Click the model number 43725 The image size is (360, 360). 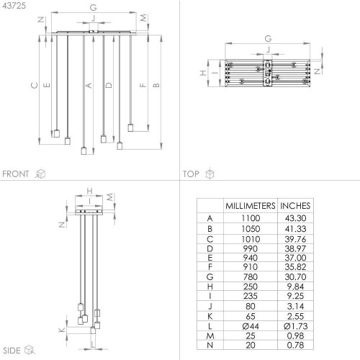[x=14, y=6]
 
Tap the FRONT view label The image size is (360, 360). [x=16, y=174]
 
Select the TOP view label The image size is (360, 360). [x=191, y=174]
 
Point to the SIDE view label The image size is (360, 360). [x=12, y=351]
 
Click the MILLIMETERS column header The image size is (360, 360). [x=251, y=206]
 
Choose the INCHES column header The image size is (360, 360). [x=295, y=206]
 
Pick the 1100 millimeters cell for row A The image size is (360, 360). [x=251, y=218]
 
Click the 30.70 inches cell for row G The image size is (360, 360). [x=295, y=277]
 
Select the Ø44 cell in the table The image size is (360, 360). [x=251, y=326]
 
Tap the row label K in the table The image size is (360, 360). [x=210, y=316]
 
